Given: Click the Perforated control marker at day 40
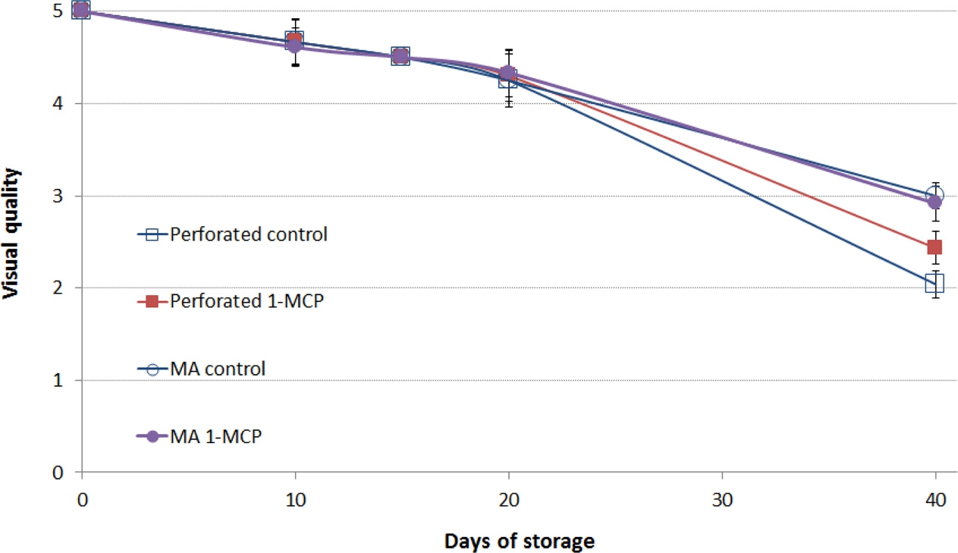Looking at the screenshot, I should [x=934, y=284].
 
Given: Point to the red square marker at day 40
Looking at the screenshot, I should [x=934, y=247].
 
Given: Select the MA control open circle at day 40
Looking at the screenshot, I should [x=934, y=196].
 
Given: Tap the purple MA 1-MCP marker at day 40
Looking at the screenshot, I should [x=934, y=202].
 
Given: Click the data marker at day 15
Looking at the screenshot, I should [x=400, y=56].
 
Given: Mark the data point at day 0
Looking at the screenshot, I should [x=81, y=10].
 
